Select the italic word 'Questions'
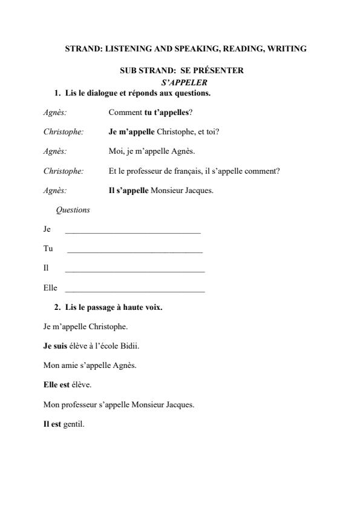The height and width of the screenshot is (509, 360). point(73,210)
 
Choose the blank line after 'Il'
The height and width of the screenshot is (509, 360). point(135,271)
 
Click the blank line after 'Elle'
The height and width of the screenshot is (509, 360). point(134,291)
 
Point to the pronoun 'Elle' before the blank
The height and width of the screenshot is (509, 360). point(50,288)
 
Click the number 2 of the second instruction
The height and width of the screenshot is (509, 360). point(56,307)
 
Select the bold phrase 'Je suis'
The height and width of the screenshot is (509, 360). point(56,346)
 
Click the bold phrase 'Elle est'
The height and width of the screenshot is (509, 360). point(56,385)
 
